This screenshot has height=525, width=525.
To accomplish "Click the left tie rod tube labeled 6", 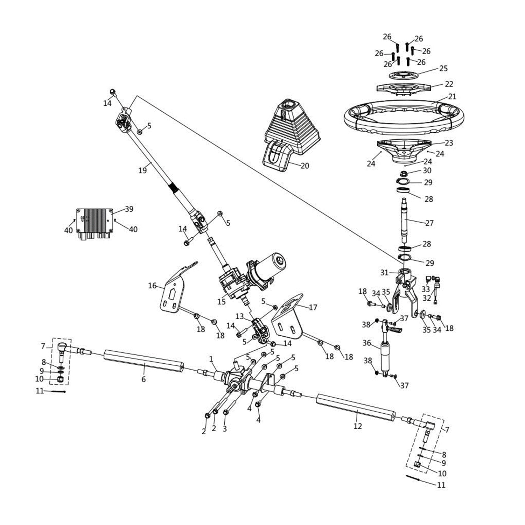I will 143,360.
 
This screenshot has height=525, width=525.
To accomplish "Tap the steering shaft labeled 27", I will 406,220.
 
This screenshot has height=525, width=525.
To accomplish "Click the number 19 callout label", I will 142,170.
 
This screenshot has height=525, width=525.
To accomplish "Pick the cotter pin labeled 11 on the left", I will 58,392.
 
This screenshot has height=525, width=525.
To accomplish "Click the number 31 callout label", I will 384,272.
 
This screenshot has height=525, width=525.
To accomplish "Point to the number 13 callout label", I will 239,316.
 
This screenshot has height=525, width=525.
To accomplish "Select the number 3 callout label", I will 225,429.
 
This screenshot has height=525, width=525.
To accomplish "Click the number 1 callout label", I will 211,359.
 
